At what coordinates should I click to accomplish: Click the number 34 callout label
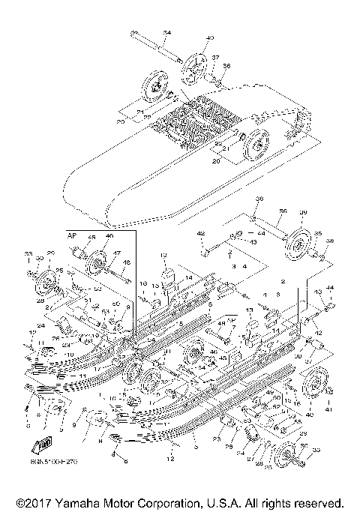click(167, 32)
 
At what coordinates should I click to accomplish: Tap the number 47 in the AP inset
click(117, 253)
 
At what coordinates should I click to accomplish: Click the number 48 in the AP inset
click(126, 262)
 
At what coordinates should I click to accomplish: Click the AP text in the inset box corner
click(73, 235)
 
